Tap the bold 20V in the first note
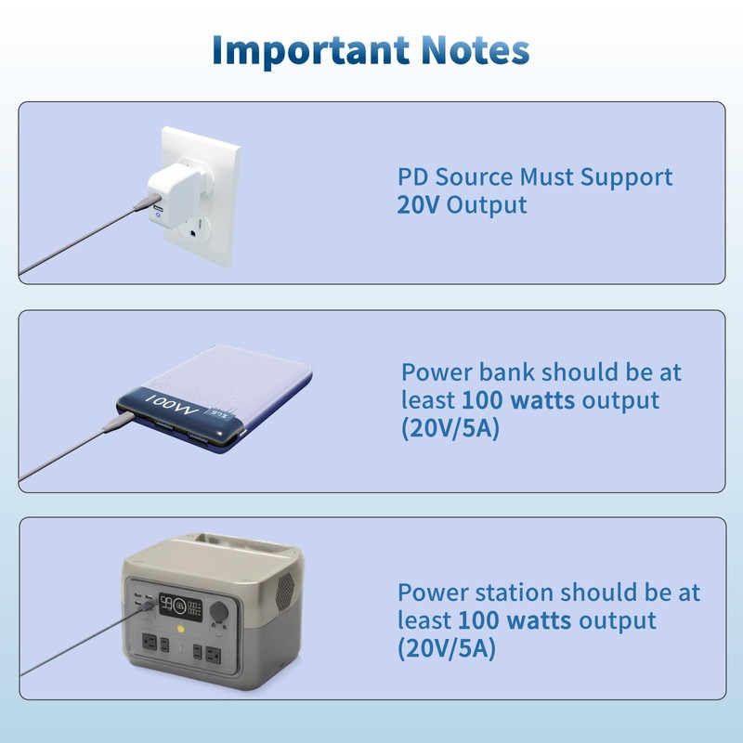(419, 205)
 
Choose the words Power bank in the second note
(468, 372)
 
